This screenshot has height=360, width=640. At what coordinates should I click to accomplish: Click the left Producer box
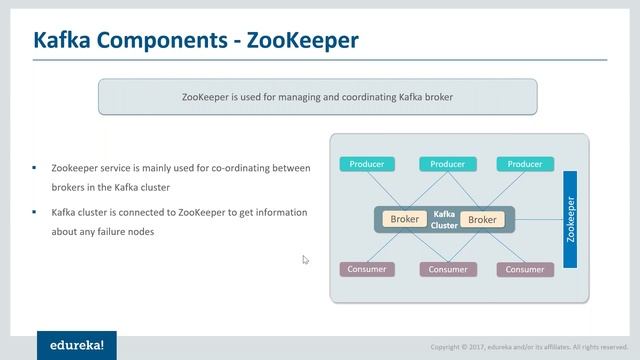[367, 164]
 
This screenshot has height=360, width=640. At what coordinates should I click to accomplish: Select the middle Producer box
[448, 164]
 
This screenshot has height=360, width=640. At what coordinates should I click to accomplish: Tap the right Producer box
[524, 164]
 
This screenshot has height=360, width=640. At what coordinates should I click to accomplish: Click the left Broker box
[405, 219]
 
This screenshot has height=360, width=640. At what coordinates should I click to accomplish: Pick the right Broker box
[482, 219]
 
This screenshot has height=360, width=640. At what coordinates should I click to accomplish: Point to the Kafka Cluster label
[444, 220]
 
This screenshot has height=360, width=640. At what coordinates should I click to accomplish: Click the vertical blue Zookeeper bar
[571, 219]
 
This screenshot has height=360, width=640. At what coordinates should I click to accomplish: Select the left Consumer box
[367, 269]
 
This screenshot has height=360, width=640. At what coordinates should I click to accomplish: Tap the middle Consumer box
[448, 269]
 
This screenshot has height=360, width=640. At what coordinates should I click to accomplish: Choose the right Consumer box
[524, 269]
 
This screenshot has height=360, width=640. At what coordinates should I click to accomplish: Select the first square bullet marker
[34, 168]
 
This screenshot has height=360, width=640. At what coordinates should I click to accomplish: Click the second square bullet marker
[34, 213]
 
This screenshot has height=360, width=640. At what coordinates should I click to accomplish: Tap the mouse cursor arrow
[305, 260]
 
